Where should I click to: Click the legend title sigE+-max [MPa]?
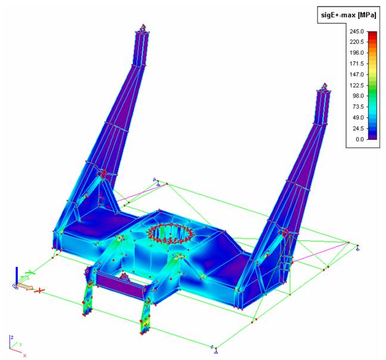348,15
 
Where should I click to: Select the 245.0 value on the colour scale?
356,32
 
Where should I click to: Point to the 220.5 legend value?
356,42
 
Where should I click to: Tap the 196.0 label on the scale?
356,53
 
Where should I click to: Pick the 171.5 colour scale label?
356,64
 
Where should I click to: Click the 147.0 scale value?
356,74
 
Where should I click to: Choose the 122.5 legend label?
356,85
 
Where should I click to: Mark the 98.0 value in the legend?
358,96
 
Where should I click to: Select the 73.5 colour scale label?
358,107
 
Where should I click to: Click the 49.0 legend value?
358,118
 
